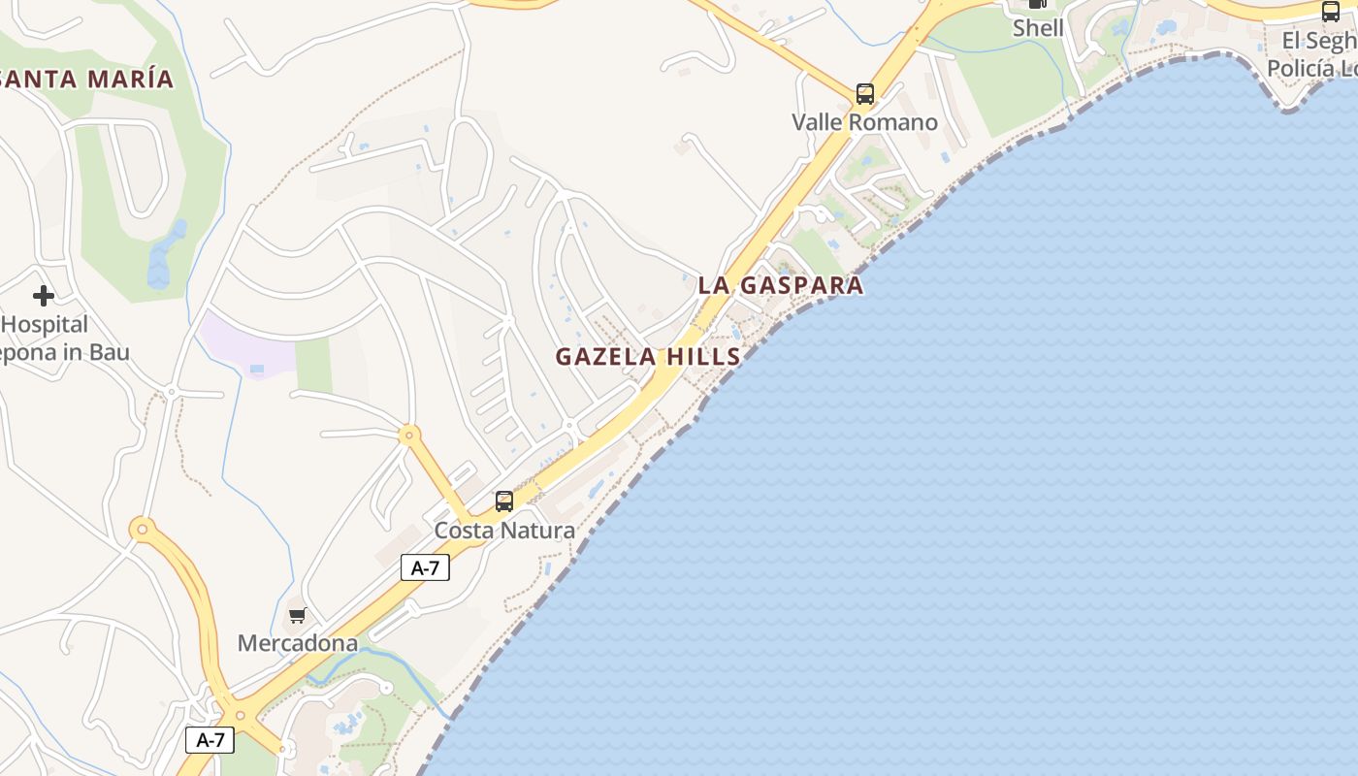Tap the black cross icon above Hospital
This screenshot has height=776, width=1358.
click(x=43, y=295)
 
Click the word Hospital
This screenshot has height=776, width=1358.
click(x=46, y=324)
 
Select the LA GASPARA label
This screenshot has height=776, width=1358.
click(x=780, y=285)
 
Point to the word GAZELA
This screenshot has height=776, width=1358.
click(x=606, y=357)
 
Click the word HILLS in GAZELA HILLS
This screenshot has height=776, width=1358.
click(x=702, y=357)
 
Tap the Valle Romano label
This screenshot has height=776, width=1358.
click(x=864, y=122)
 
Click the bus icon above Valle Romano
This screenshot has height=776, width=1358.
click(x=864, y=94)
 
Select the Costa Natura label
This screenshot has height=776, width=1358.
click(x=504, y=531)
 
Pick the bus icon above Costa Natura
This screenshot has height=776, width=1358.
click(x=504, y=501)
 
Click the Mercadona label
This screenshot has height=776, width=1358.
click(x=298, y=643)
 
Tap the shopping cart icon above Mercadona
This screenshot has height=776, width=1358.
click(x=298, y=615)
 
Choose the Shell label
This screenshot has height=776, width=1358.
click(x=1038, y=28)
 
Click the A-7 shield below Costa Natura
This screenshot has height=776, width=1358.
click(x=425, y=568)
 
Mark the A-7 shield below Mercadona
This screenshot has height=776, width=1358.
click(x=210, y=740)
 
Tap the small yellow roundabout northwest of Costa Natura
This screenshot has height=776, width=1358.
click(x=409, y=436)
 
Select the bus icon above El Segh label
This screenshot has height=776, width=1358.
click(x=1331, y=12)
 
